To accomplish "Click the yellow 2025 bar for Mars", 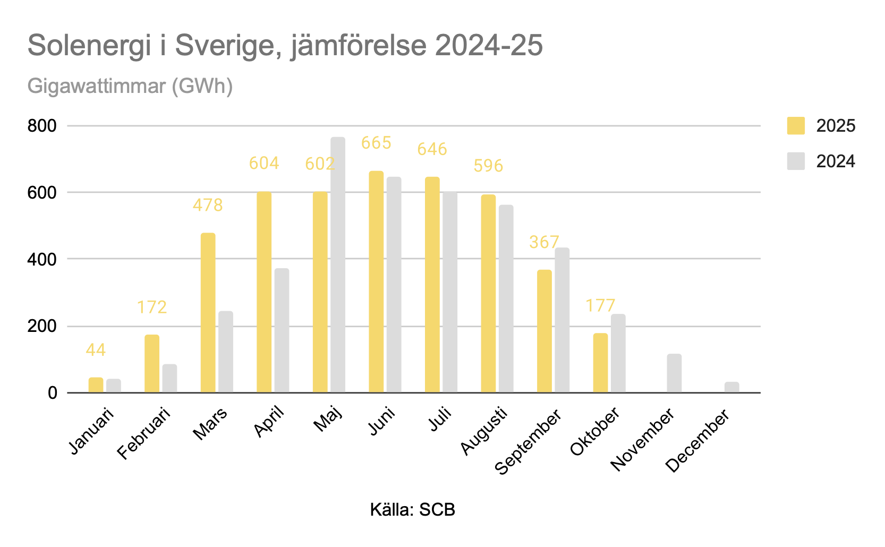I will click(x=208, y=313).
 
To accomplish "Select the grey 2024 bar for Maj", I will click(x=338, y=265).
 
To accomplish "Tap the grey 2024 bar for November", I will click(x=674, y=373).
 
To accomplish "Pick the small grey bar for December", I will click(x=731, y=387).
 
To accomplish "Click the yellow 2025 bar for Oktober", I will click(x=600, y=363).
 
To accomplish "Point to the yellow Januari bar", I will click(x=96, y=385).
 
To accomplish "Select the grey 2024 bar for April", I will click(x=282, y=330).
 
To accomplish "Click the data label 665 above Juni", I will click(x=376, y=143).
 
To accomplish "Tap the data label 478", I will click(x=208, y=205).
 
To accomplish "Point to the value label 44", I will click(x=96, y=350).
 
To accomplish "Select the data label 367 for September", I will click(x=544, y=242).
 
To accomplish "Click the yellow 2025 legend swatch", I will click(x=795, y=126).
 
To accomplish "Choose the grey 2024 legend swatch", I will click(x=795, y=161).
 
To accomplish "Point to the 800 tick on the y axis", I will click(x=42, y=126).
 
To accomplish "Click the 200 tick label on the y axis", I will click(x=42, y=326).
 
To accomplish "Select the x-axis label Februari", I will click(x=144, y=433).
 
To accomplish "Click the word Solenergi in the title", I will click(x=89, y=45).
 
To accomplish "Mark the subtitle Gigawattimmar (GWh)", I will click(x=130, y=86).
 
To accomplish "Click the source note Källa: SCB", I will click(x=412, y=510).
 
